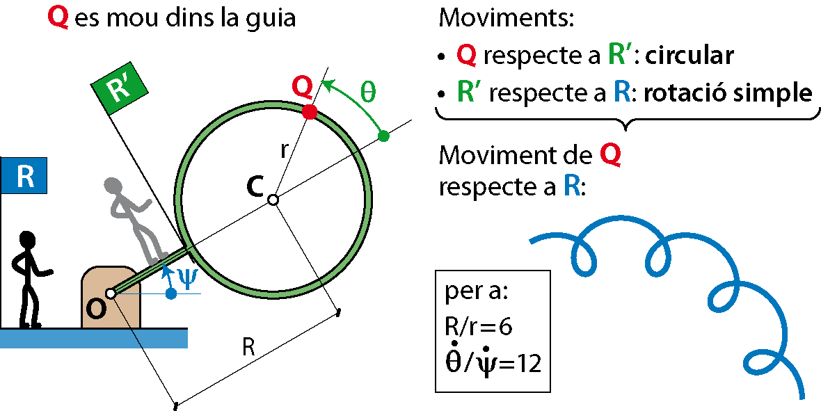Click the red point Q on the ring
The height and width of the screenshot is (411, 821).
(x=310, y=111)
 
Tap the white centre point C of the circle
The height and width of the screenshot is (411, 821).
(x=273, y=200)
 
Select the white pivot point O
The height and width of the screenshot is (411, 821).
(x=111, y=293)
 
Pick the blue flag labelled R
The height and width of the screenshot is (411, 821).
(x=24, y=175)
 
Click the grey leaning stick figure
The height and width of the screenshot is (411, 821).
(x=136, y=219)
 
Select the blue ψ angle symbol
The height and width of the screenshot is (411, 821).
(x=188, y=276)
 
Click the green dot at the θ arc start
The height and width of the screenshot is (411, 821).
(x=383, y=136)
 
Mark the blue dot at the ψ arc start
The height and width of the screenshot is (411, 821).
(x=171, y=294)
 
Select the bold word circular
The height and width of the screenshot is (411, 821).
(x=690, y=56)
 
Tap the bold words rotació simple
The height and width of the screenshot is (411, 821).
(x=728, y=92)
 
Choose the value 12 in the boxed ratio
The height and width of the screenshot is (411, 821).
(x=529, y=363)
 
